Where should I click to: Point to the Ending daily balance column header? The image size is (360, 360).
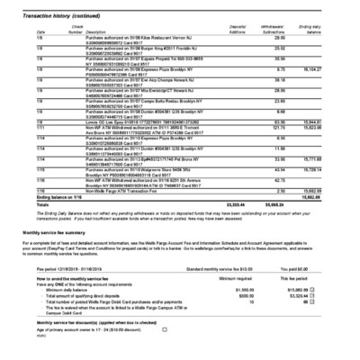pyautogui.click(x=334, y=30)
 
